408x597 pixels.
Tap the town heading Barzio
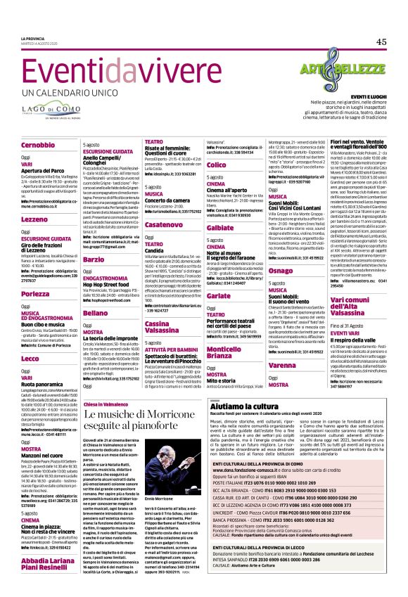(94, 259)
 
